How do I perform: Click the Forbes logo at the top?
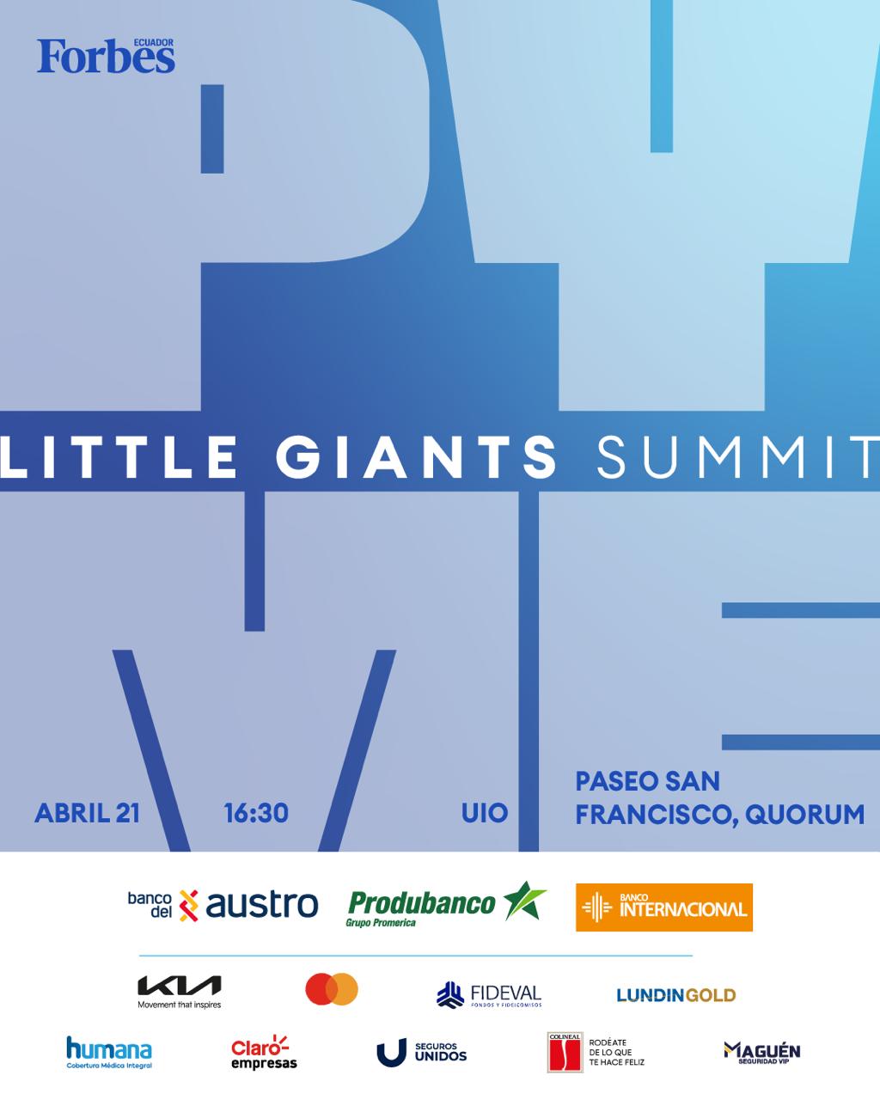pos(105,57)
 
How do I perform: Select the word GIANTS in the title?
pos(417,456)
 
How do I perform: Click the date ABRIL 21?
pos(87,813)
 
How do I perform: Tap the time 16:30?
pos(256,813)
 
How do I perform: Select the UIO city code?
pos(485,813)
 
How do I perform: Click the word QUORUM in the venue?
pos(805,814)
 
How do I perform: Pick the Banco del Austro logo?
pos(223,905)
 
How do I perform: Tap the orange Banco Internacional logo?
pos(663,907)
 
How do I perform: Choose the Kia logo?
pos(180,990)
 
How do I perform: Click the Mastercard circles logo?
pos(332,989)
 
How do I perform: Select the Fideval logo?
pos(489,995)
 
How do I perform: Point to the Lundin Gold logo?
pos(675,995)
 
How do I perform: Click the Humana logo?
pos(109,1052)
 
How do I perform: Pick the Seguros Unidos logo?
pos(421,1053)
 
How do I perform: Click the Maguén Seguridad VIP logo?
pos(761,1052)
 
